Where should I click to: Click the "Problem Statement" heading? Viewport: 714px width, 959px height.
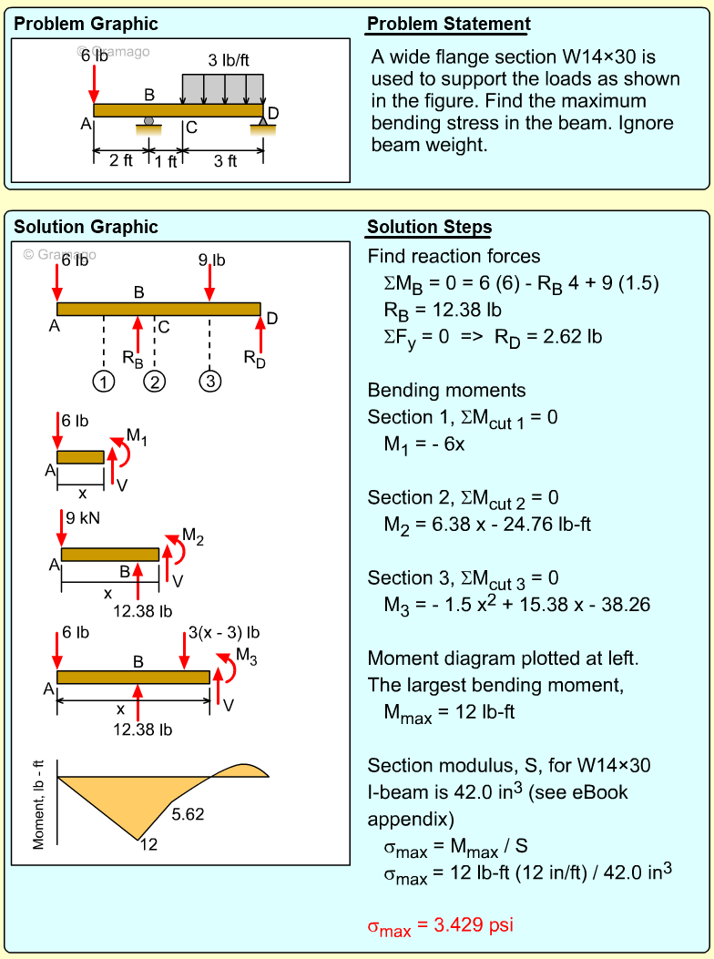click(x=448, y=25)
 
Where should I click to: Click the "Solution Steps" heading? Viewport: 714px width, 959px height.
click(x=429, y=228)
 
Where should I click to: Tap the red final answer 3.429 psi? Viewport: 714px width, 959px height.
click(x=440, y=926)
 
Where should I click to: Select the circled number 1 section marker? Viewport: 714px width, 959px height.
click(x=105, y=381)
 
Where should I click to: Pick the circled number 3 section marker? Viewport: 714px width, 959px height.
click(x=210, y=381)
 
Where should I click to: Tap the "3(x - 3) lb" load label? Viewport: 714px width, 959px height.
click(x=224, y=633)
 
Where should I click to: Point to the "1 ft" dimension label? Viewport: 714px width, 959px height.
click(x=166, y=161)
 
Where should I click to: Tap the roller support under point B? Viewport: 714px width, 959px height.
click(x=148, y=121)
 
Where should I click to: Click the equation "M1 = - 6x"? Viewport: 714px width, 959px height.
click(x=424, y=445)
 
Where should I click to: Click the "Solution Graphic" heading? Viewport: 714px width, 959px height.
click(x=87, y=228)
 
